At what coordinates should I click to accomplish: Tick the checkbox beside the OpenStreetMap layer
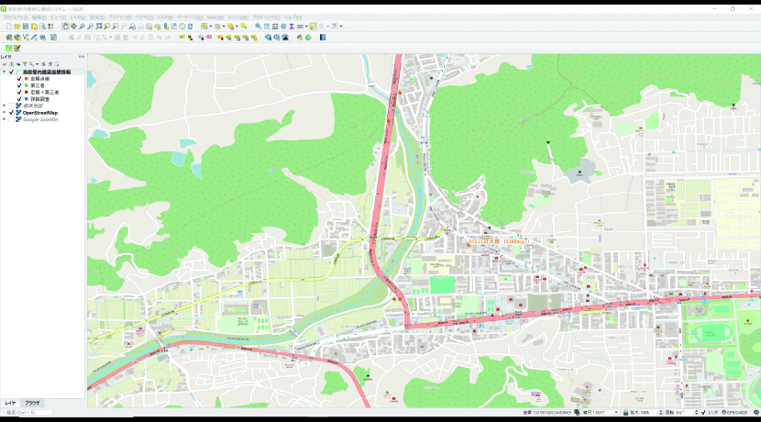(x=11, y=113)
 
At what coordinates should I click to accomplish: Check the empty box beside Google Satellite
(x=11, y=119)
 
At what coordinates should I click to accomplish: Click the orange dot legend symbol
(x=26, y=79)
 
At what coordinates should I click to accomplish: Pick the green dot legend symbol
(x=26, y=85)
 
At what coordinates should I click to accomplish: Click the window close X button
(x=752, y=8)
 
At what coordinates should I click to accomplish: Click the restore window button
(x=733, y=8)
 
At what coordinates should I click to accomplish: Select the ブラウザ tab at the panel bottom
(x=32, y=403)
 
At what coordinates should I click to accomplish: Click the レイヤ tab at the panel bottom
(x=10, y=403)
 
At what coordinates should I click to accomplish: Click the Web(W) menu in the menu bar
(x=215, y=17)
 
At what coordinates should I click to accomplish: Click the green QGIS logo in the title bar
(x=5, y=8)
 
